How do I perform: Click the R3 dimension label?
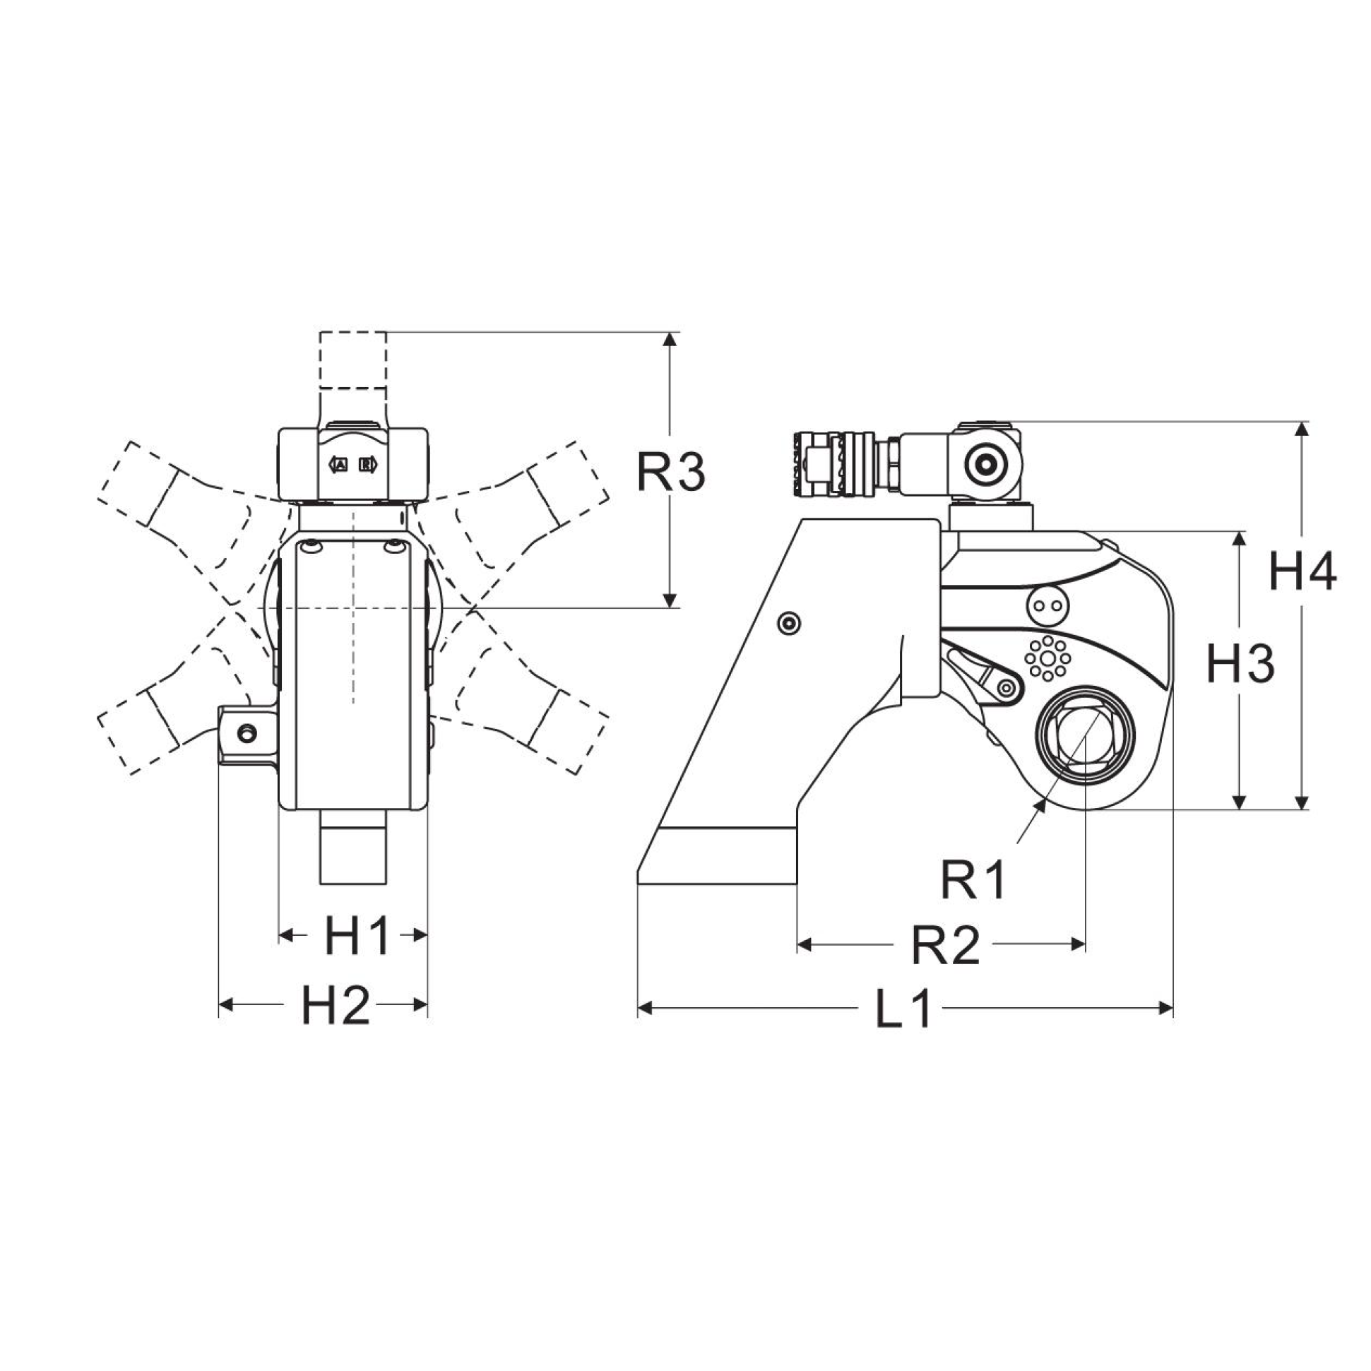[670, 473]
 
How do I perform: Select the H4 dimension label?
[1302, 573]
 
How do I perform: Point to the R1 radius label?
[973, 881]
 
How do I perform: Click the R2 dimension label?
[945, 945]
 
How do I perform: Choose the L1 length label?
[903, 1009]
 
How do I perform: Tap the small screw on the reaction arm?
[789, 623]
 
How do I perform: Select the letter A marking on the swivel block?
[340, 465]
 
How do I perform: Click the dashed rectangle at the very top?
[352, 359]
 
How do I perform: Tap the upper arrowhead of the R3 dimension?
[668, 339]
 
